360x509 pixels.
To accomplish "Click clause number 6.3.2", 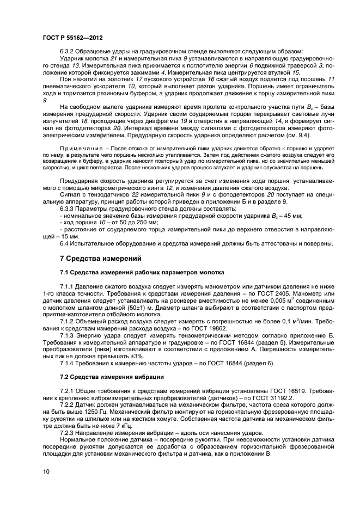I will point(67,52).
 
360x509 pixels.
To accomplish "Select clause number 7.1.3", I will point(67,337).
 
